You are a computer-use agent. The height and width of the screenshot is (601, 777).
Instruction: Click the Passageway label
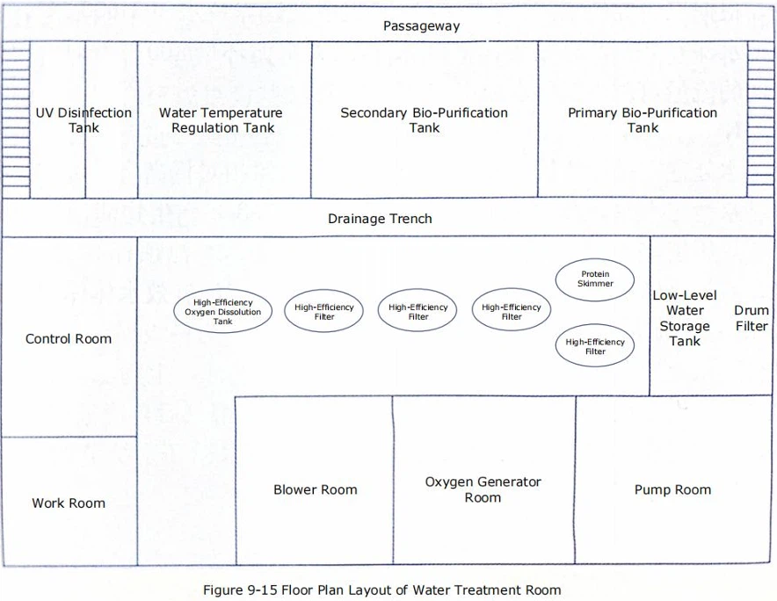tap(421, 26)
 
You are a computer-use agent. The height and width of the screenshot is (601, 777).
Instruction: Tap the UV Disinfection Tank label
tap(84, 120)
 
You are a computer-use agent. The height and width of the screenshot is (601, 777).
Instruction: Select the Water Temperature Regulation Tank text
tap(221, 120)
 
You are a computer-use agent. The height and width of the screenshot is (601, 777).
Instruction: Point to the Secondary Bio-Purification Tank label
tap(424, 120)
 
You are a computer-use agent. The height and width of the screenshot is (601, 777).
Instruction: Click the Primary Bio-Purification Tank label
tap(643, 120)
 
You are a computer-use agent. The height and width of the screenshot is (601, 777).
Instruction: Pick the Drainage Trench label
tap(380, 219)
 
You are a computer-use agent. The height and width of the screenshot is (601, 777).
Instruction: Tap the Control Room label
tap(69, 339)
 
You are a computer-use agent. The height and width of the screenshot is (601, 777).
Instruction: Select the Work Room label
tap(69, 503)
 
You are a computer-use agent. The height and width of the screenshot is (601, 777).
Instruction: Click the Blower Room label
tap(315, 490)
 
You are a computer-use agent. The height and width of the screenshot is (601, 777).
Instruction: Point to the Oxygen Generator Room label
tap(483, 489)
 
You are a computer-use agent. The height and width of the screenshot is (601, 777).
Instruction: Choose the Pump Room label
tap(672, 490)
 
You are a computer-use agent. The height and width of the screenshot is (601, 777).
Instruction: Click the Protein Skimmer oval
tap(595, 279)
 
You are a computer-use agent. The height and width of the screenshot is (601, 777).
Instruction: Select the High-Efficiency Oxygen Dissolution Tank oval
tap(222, 312)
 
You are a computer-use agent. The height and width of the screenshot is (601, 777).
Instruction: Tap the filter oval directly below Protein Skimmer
tap(595, 346)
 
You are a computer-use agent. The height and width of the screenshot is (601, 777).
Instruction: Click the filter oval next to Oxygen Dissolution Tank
tap(323, 312)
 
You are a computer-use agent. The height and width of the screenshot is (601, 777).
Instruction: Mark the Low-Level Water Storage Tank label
tap(684, 318)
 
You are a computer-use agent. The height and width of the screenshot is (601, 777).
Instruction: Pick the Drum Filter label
tap(752, 318)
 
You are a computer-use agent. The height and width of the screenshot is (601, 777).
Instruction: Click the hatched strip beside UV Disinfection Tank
tap(17, 119)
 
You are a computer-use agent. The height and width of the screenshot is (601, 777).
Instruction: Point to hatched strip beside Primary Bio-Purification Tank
tap(760, 119)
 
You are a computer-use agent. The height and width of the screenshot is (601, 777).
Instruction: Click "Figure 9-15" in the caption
tap(236, 590)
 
